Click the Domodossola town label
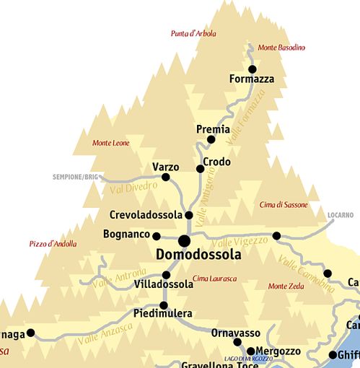click(198, 255)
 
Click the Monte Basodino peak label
click(281, 48)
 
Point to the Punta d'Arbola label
click(194, 33)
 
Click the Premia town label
click(213, 129)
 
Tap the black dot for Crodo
click(201, 169)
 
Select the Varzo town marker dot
click(166, 177)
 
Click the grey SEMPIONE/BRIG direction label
click(75, 177)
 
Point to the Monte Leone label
click(110, 143)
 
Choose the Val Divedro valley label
click(133, 189)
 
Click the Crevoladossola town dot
click(189, 215)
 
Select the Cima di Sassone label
click(284, 205)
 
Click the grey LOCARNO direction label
click(340, 215)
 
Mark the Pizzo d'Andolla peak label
click(53, 244)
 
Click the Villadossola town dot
click(166, 274)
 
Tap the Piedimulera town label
click(162, 314)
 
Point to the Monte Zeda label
click(286, 286)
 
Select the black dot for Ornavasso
click(237, 342)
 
